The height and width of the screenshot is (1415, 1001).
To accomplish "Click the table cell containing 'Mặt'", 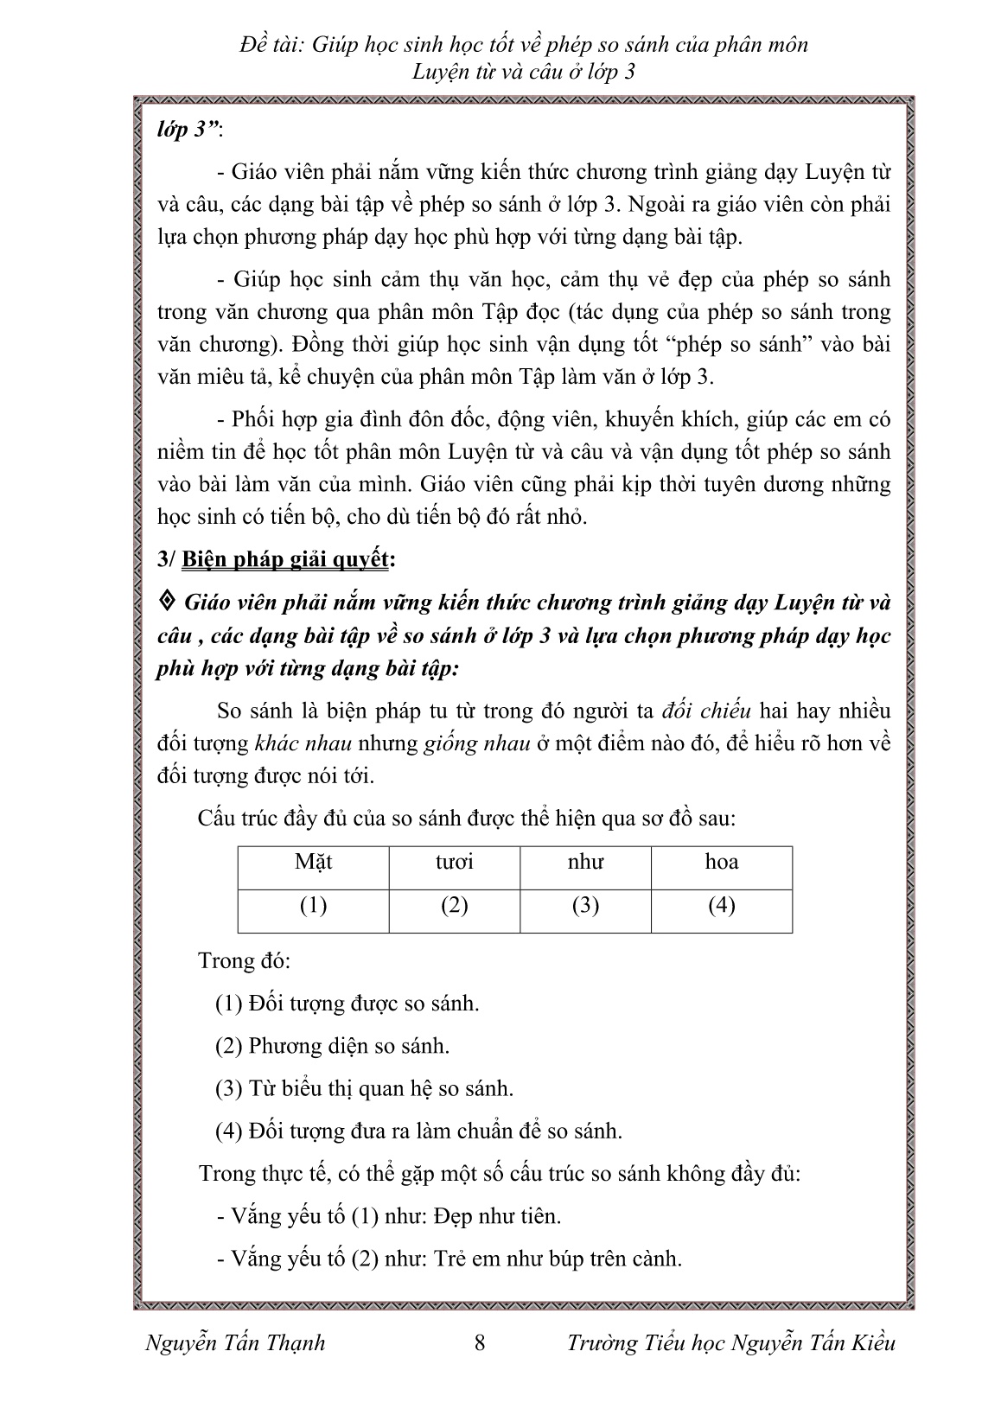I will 313,863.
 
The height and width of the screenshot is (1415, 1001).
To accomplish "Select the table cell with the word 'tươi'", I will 455,863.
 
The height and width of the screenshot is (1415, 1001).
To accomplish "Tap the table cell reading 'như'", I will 585,863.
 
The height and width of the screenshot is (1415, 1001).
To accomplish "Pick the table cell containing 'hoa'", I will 722,863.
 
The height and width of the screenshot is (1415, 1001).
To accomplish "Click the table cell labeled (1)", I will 313,906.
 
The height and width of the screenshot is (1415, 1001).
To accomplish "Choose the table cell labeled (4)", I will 722,906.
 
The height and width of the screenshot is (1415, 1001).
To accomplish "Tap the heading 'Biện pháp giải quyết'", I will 285,560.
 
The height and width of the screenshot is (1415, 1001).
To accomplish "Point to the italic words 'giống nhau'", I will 476,743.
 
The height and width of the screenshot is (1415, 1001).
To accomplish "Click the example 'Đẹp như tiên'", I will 498,1216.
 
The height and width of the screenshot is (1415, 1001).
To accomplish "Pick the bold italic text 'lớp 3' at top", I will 183,131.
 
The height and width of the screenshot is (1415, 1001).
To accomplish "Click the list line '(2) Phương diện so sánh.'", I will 333,1046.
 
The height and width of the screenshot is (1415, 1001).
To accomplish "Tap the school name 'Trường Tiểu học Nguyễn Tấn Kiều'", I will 731,1342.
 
